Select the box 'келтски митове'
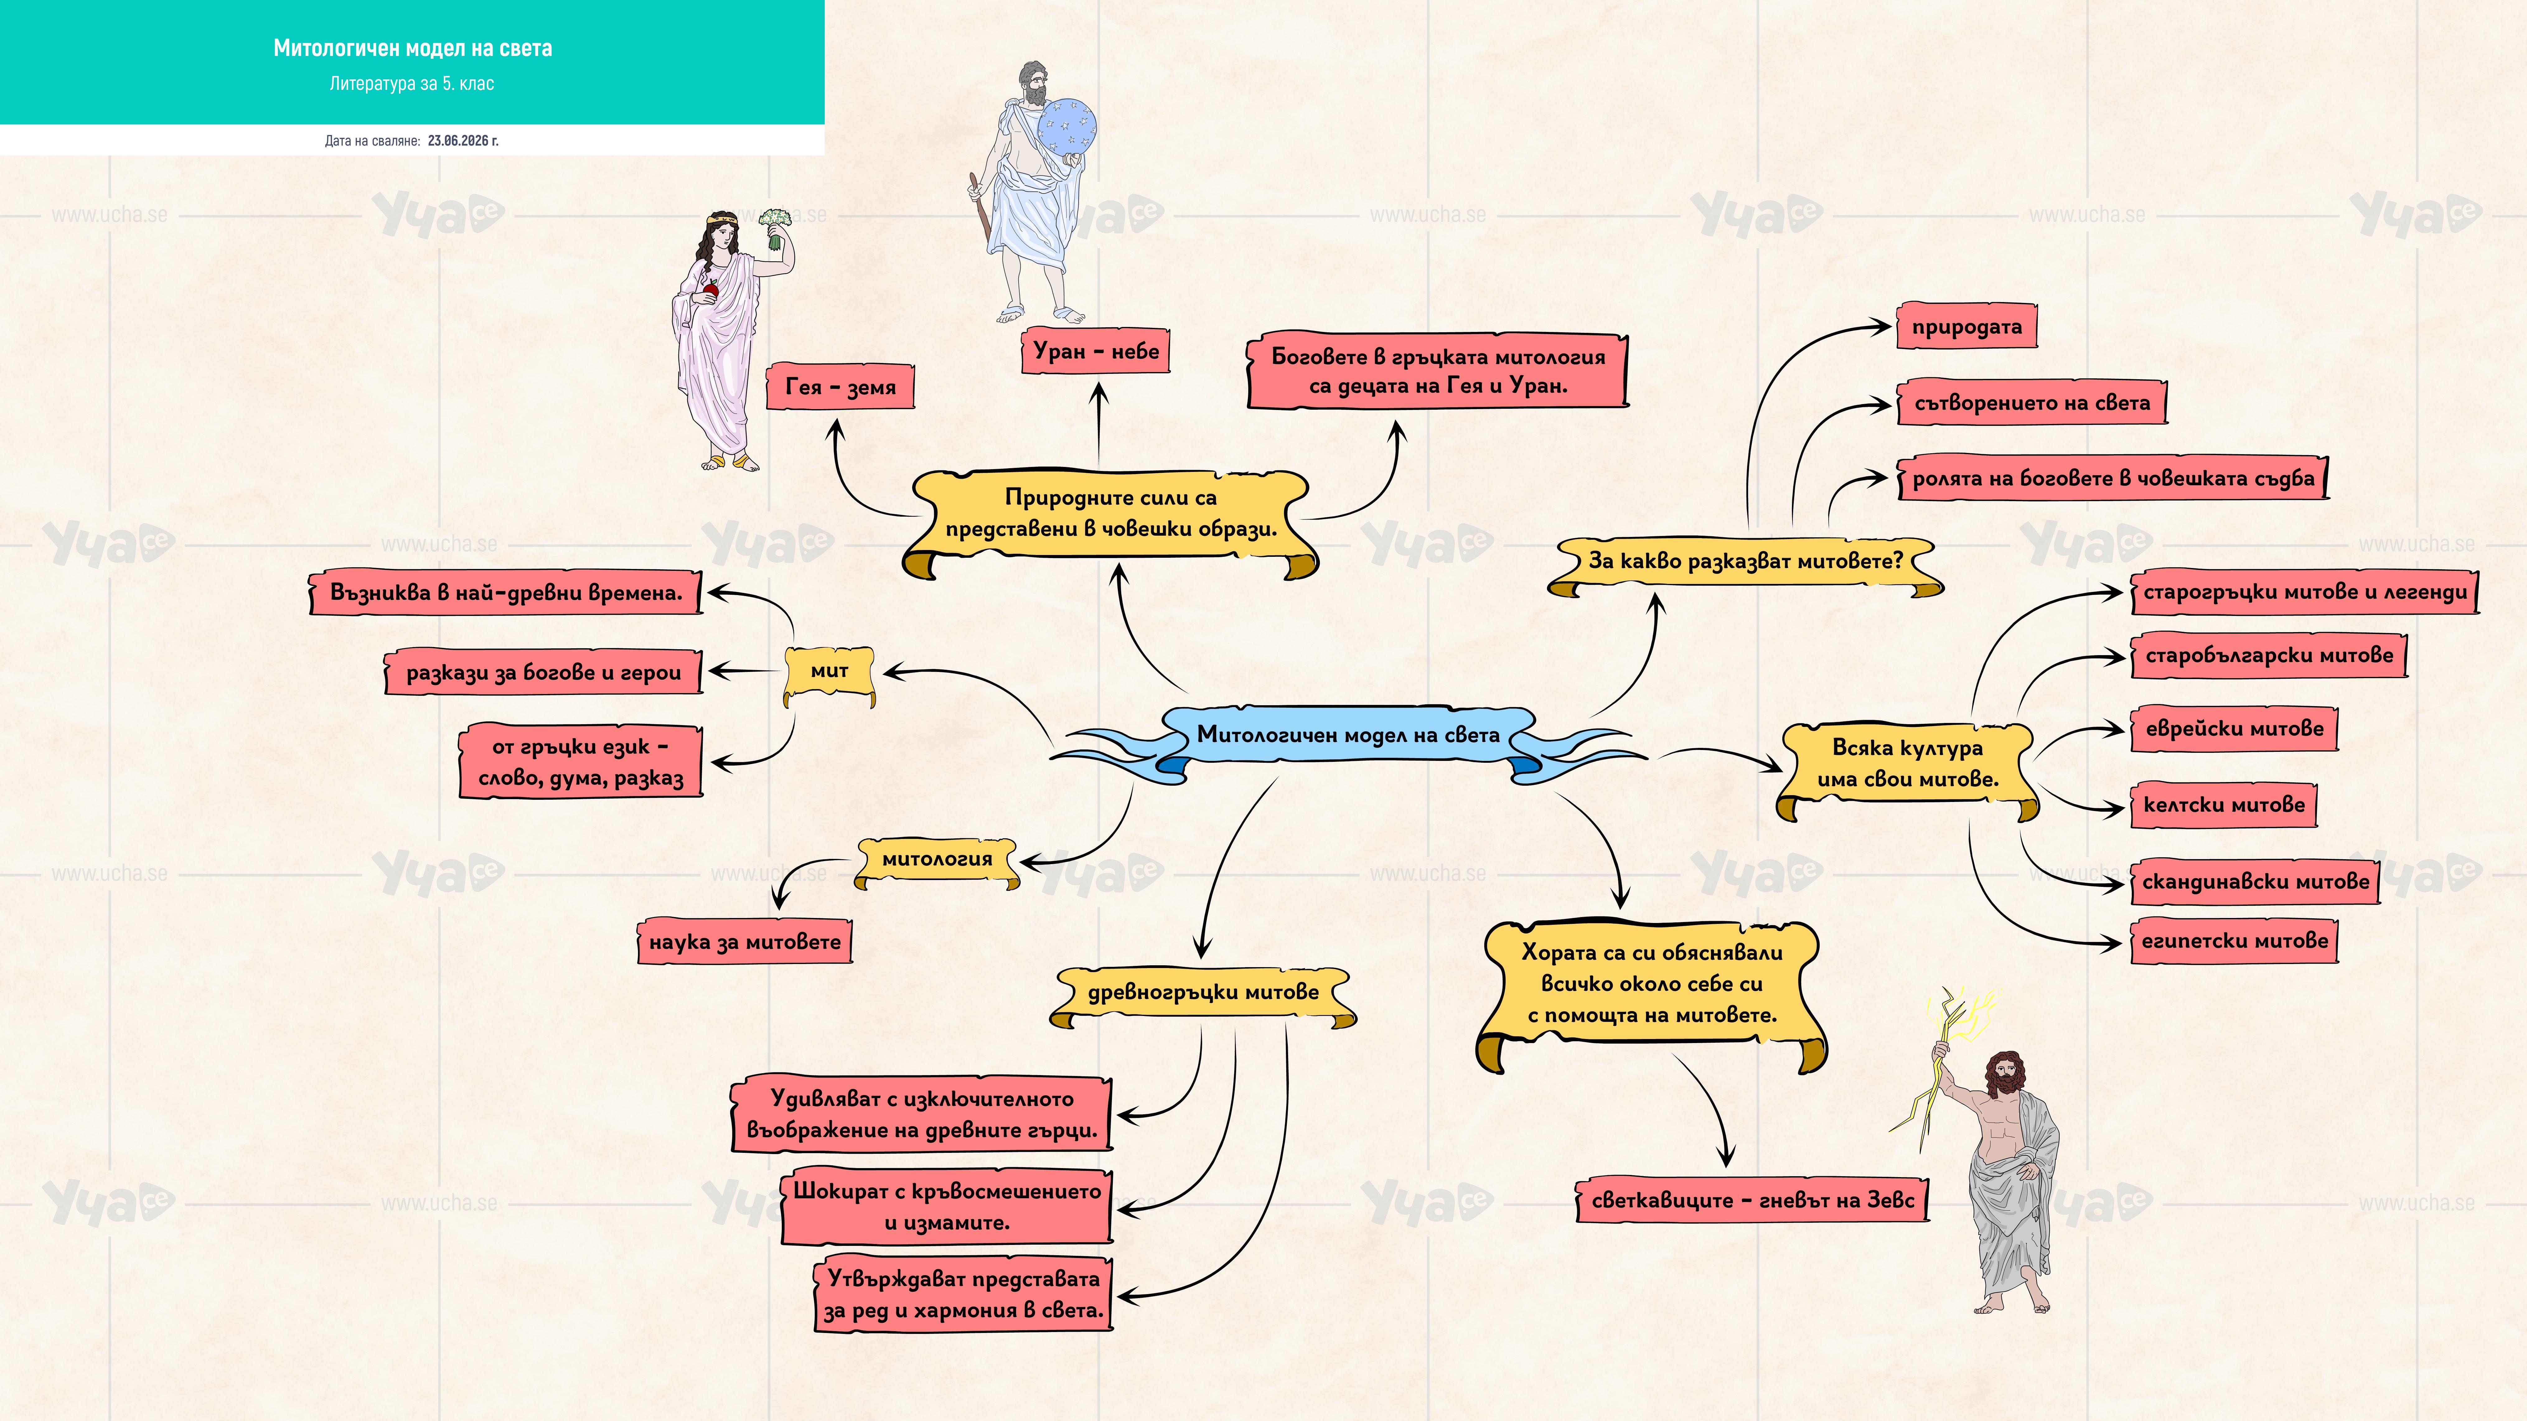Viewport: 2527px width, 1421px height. [x=2224, y=805]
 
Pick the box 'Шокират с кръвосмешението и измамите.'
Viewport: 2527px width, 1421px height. [x=947, y=1206]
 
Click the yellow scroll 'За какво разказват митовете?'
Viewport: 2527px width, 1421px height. [x=1745, y=564]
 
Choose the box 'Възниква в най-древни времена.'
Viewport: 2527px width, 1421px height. [x=506, y=592]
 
